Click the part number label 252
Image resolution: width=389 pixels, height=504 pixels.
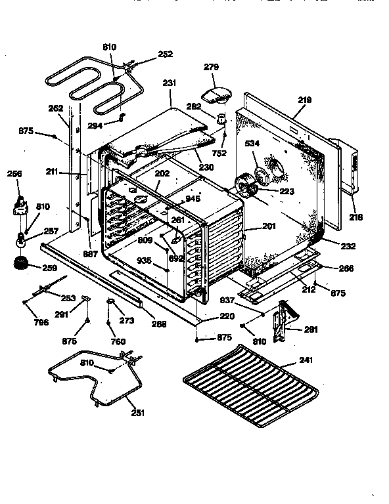[166, 55]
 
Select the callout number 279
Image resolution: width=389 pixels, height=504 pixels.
[212, 68]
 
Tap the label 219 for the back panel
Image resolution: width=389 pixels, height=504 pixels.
[304, 100]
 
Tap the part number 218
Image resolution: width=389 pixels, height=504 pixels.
[356, 217]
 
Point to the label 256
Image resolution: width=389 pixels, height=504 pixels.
[15, 173]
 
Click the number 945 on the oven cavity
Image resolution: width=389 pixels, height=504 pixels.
[193, 198]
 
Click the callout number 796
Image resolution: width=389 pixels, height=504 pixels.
[23, 322]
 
